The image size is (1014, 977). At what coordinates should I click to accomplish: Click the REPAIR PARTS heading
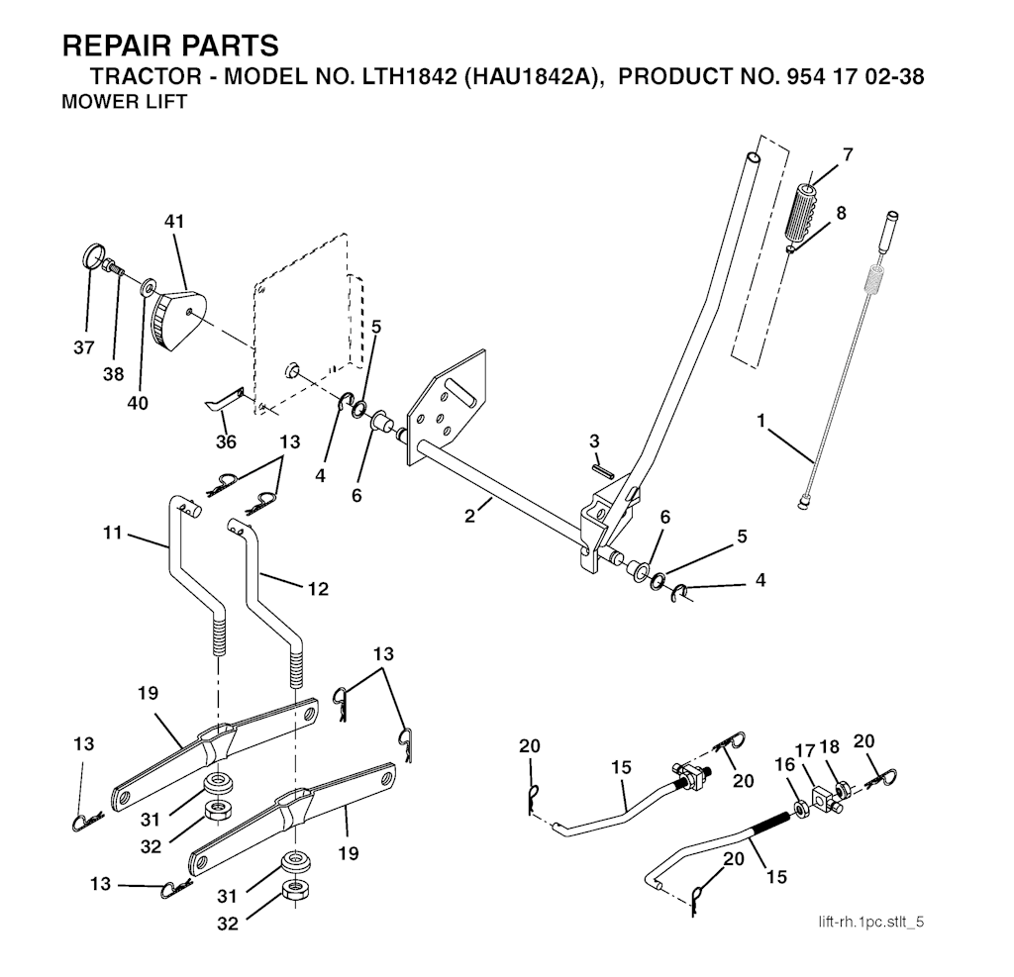point(169,47)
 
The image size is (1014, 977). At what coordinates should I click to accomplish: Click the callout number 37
point(85,347)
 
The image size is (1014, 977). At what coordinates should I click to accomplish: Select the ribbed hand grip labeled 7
point(805,212)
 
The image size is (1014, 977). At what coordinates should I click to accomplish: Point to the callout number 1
point(761,421)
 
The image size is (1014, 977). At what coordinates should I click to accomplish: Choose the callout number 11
point(113,533)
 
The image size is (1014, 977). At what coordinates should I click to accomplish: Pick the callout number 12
point(317,588)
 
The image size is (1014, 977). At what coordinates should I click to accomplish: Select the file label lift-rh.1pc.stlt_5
point(871,923)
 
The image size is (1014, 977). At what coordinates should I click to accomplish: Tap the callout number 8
point(841,212)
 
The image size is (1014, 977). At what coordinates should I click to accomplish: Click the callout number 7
point(848,154)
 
